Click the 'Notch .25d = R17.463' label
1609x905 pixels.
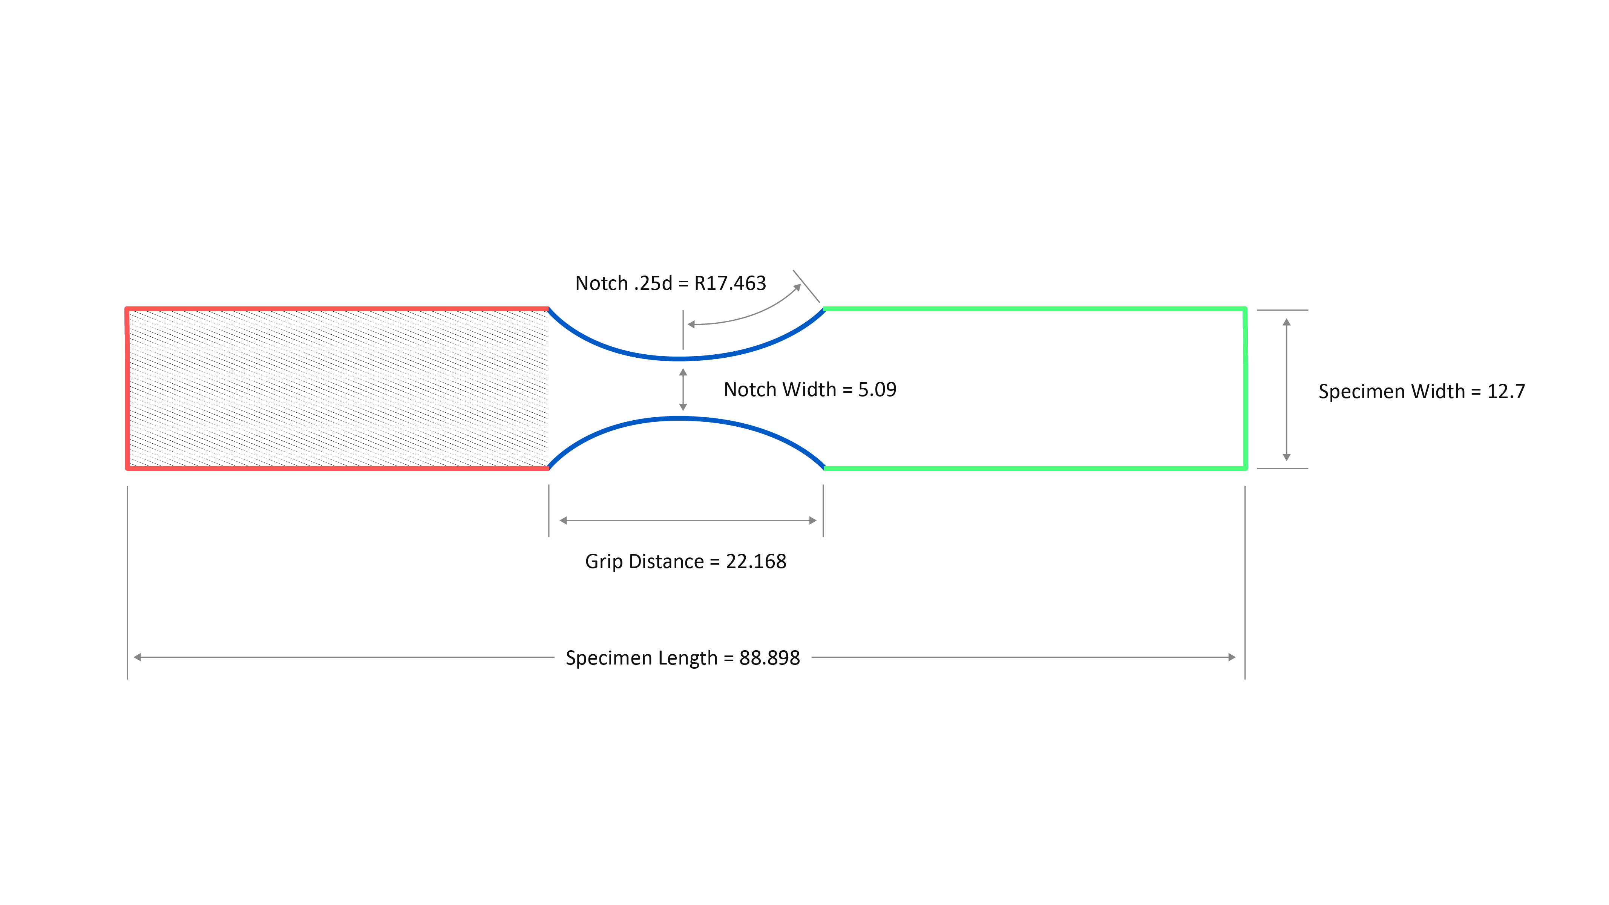pos(670,283)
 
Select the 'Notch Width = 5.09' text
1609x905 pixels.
pos(810,390)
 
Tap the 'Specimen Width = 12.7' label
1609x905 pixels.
pos(1422,392)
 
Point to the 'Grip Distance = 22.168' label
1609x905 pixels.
pos(685,562)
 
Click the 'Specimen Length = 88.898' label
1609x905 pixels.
pos(683,658)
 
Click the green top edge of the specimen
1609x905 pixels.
pos(1035,309)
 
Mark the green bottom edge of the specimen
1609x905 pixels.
pos(1035,468)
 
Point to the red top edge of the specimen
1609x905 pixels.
pos(337,309)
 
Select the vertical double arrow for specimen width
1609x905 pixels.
pos(1287,390)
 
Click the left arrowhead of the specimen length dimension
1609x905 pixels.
pos(138,657)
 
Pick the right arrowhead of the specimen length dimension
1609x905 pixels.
pos(1232,657)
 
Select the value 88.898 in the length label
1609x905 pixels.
pos(769,658)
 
